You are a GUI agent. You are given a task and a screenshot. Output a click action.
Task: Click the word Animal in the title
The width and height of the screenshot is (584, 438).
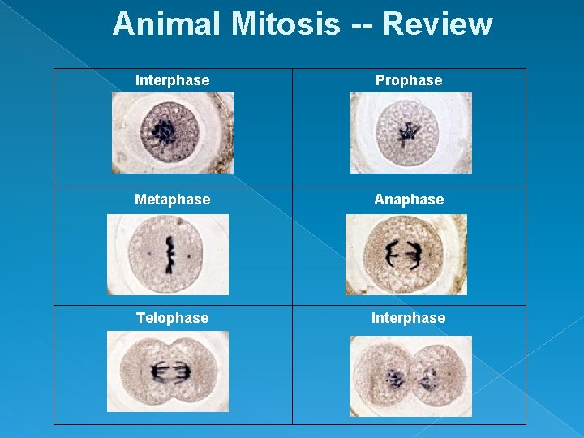[168, 24]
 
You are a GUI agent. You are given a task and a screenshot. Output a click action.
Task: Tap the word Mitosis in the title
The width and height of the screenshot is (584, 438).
[285, 24]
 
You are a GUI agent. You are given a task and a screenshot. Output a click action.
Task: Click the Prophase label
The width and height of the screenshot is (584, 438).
[409, 80]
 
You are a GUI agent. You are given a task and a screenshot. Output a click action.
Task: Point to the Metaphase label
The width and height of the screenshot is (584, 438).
[173, 200]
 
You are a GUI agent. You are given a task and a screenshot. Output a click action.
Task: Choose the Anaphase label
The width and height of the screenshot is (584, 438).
[409, 200]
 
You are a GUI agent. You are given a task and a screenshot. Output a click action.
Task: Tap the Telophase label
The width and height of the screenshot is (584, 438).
[172, 318]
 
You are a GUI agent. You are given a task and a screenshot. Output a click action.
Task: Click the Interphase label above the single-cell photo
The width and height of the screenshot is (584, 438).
[172, 80]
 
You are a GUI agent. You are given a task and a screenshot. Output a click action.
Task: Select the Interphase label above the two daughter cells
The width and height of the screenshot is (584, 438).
[408, 318]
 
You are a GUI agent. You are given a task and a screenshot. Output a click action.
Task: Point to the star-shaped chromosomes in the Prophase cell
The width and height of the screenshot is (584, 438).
[406, 132]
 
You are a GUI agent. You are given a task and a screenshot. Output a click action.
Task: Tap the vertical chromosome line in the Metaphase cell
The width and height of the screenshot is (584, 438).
[170, 254]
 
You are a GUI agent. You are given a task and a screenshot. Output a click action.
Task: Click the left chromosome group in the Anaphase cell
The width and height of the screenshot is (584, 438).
[392, 255]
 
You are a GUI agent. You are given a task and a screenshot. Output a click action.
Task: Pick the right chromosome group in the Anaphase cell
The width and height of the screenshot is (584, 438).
[414, 255]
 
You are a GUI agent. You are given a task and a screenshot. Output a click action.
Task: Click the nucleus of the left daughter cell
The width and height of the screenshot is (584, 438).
[395, 377]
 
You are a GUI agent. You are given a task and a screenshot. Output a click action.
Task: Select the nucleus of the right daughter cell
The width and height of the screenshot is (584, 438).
[427, 377]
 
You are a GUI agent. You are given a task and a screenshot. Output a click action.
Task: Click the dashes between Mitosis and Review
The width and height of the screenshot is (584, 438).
[360, 25]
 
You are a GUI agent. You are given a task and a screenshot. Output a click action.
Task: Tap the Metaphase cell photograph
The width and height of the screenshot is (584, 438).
[168, 255]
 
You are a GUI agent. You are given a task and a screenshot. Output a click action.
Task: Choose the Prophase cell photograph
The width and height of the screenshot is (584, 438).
[410, 133]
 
